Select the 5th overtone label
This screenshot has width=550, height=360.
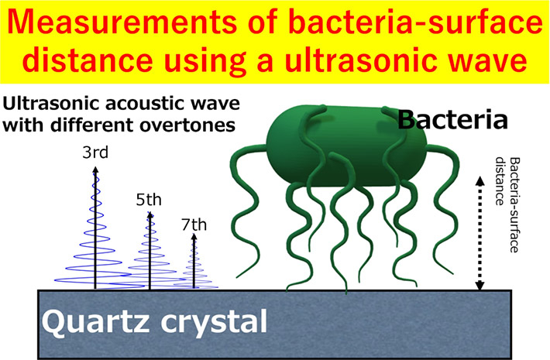coord(149,199)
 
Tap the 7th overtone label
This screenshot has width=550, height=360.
coord(194,225)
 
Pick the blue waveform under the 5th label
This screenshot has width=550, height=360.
coord(149,255)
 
